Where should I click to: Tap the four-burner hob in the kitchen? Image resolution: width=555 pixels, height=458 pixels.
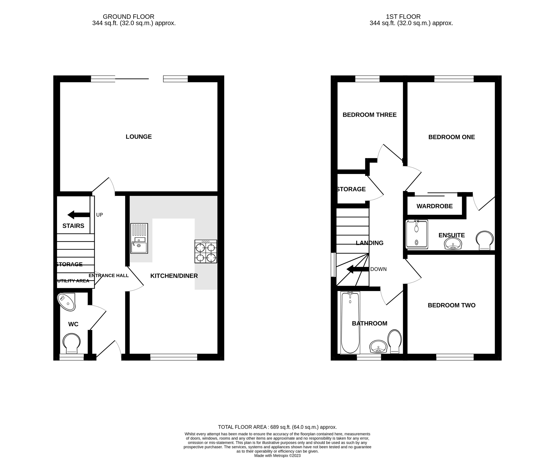[x=206, y=251]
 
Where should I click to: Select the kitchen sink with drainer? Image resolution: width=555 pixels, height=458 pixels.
[x=139, y=238]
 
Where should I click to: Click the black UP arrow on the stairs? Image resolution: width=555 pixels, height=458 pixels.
[x=78, y=215]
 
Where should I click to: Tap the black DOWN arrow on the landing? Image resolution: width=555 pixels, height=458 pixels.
[x=357, y=269]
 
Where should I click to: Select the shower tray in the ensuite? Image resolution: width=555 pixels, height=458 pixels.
[x=417, y=234]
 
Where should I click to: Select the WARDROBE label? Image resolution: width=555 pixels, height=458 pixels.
[x=434, y=206]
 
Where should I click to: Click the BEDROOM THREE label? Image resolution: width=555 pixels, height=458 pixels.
[x=369, y=115]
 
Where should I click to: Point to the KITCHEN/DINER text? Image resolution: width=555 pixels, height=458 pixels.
[x=174, y=276]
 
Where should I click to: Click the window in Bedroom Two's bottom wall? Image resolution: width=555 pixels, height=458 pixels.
[x=455, y=357]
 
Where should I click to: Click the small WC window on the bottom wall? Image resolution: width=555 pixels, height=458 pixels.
[x=71, y=357]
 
